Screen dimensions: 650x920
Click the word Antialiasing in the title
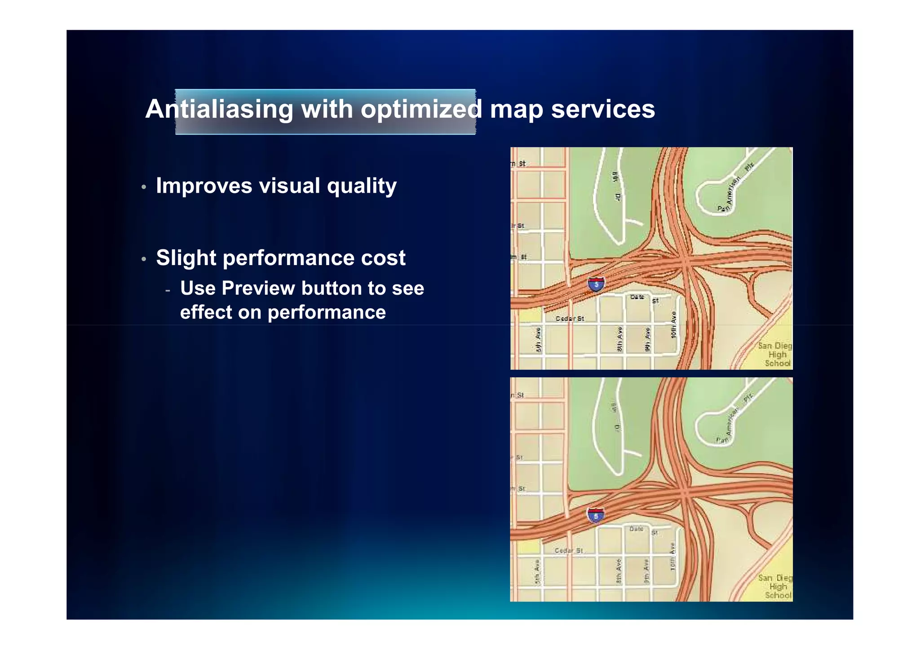pyautogui.click(x=219, y=109)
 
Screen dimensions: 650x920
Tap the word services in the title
pyautogui.click(x=603, y=109)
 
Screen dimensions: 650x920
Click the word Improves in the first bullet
pyautogui.click(x=203, y=186)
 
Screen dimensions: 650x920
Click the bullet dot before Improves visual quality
pyautogui.click(x=144, y=187)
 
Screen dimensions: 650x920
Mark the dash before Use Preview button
pyautogui.click(x=168, y=290)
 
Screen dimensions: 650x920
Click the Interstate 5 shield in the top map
pyautogui.click(x=596, y=284)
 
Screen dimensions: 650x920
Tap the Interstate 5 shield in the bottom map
pyautogui.click(x=596, y=515)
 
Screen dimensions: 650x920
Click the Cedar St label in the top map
pyautogui.click(x=570, y=318)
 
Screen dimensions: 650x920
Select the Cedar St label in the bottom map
pyautogui.click(x=568, y=550)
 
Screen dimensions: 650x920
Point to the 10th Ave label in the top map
pyautogui.click(x=673, y=325)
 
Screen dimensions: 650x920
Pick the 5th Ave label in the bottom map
pyautogui.click(x=537, y=572)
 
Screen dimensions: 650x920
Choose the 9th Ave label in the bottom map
pyautogui.click(x=646, y=571)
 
